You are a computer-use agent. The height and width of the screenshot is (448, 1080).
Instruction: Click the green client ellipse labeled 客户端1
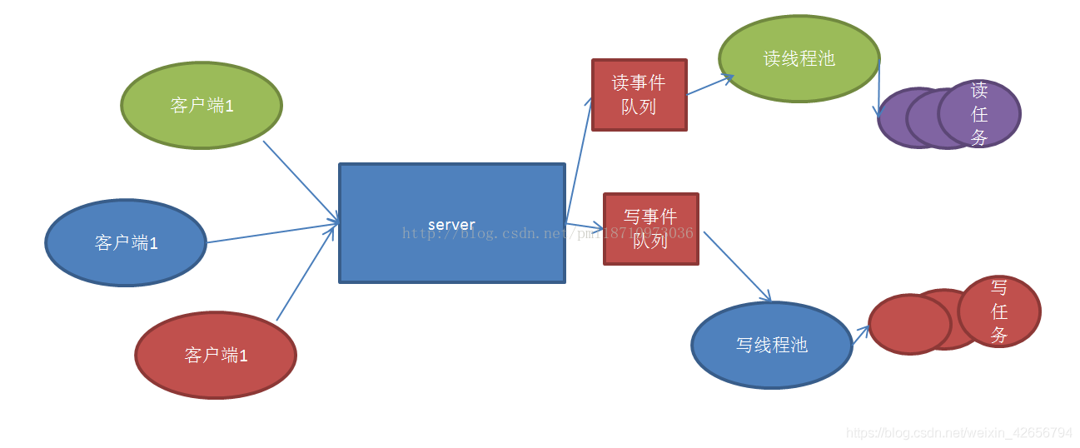(x=202, y=106)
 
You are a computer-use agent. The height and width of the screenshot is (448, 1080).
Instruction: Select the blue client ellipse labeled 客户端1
(x=126, y=243)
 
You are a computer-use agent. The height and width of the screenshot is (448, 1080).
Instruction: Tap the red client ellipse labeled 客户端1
(x=216, y=356)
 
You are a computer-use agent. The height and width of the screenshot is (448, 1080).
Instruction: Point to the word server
(x=451, y=225)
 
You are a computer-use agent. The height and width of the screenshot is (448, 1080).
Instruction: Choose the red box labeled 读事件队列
(x=639, y=95)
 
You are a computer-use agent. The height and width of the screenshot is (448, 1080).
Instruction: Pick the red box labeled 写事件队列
(x=650, y=229)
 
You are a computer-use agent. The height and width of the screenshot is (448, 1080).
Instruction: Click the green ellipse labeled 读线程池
(x=799, y=59)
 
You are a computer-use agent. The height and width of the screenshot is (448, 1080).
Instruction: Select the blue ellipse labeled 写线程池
(x=772, y=345)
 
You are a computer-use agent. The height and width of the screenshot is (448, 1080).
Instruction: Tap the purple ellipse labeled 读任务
(x=980, y=113)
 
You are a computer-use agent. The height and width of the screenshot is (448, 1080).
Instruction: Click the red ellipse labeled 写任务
(x=999, y=311)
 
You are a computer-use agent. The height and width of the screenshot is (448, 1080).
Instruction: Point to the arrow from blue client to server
(x=272, y=233)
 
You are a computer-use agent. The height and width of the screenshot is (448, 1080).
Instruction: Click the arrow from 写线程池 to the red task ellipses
(x=860, y=335)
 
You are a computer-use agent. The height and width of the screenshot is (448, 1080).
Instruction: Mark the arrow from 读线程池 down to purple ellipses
(x=878, y=87)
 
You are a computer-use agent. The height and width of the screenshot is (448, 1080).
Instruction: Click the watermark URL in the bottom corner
(x=958, y=433)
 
